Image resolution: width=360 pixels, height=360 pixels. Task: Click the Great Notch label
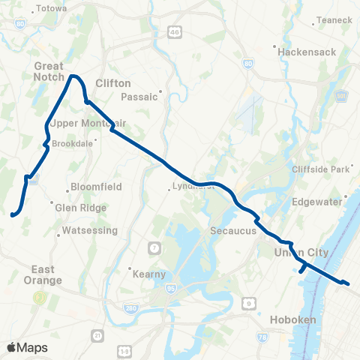(x=49, y=70)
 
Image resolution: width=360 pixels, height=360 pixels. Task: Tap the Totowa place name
(x=51, y=8)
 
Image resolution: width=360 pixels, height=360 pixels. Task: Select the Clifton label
(x=114, y=83)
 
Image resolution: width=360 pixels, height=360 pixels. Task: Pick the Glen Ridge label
(x=76, y=208)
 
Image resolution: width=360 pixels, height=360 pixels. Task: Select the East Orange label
(x=46, y=274)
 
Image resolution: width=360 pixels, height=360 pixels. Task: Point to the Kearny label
(x=148, y=274)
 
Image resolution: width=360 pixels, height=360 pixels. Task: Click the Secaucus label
(x=233, y=232)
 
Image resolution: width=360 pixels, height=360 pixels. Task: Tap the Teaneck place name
(x=334, y=19)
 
